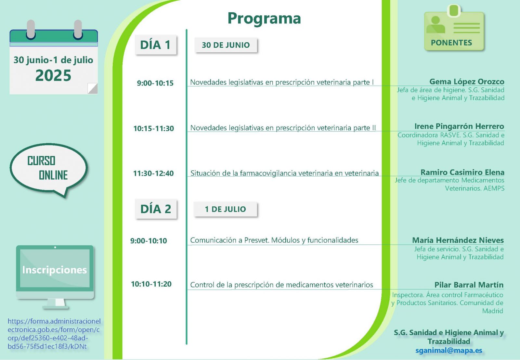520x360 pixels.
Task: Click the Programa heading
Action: tap(264, 19)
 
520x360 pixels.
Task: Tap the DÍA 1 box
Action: tap(156, 45)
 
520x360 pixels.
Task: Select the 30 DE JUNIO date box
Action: tap(226, 45)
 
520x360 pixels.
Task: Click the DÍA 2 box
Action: tap(156, 209)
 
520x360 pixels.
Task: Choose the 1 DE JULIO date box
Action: tap(226, 209)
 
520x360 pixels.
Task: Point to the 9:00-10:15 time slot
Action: tap(155, 83)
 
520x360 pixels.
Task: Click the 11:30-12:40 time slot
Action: tap(153, 174)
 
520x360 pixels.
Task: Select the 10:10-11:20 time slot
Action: tap(151, 284)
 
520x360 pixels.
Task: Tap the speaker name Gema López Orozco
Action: tap(467, 82)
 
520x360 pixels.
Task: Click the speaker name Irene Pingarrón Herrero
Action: tap(459, 126)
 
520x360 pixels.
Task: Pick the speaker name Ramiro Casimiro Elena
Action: tap(462, 172)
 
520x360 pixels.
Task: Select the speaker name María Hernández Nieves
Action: tap(458, 240)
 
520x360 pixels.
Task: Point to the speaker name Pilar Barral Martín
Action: tap(469, 285)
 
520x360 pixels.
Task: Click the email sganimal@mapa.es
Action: tap(449, 350)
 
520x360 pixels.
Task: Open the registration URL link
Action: tap(54, 334)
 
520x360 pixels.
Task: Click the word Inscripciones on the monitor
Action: tap(55, 270)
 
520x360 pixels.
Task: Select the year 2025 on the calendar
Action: tap(53, 75)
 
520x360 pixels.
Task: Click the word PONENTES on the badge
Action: tap(451, 43)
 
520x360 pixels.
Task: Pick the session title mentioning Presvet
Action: tap(274, 240)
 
